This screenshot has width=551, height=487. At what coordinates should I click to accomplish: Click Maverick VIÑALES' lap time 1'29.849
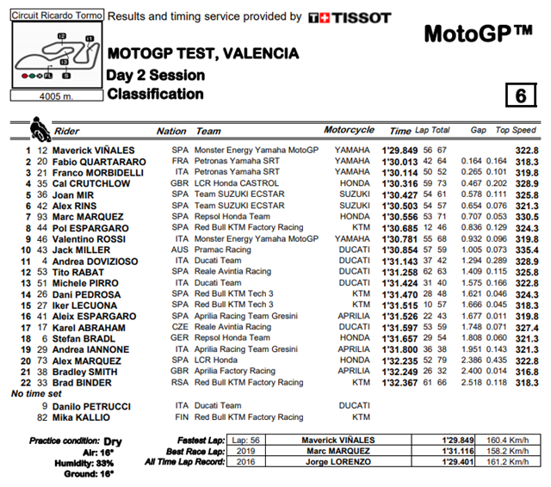click(x=399, y=149)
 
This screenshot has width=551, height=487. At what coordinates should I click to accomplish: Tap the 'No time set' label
click(x=37, y=393)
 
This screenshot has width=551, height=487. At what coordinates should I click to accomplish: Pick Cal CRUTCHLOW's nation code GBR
click(x=180, y=182)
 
